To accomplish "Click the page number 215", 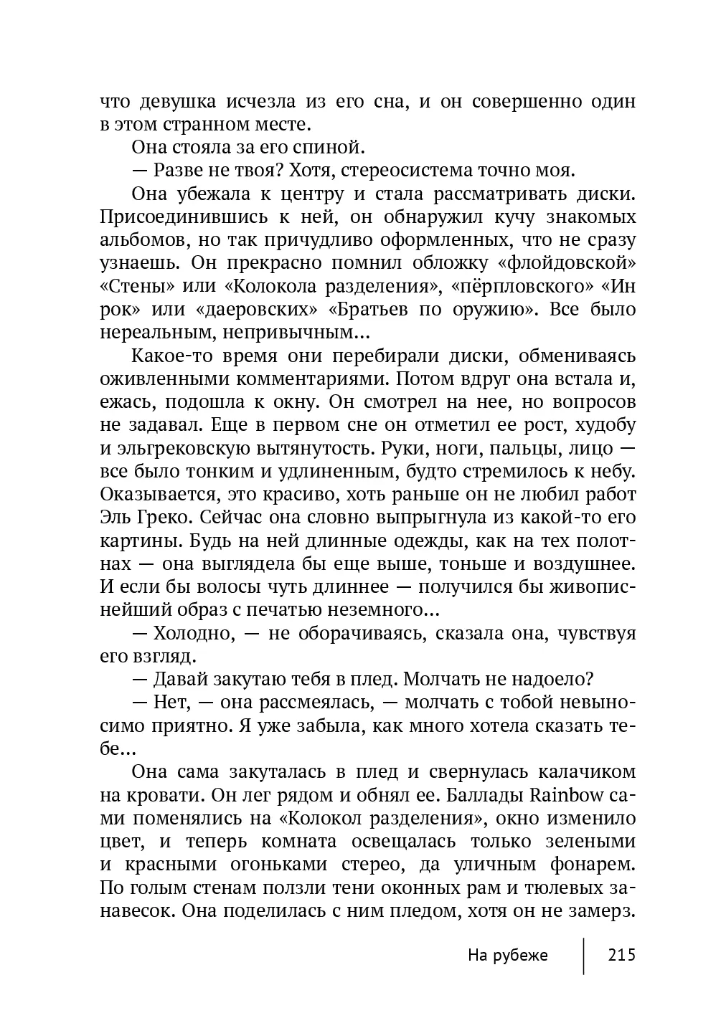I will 621,955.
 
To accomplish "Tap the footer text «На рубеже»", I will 507,955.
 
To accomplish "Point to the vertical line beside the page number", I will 583,955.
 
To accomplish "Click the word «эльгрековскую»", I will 179,449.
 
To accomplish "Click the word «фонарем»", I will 590,865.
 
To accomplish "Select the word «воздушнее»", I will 587,565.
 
